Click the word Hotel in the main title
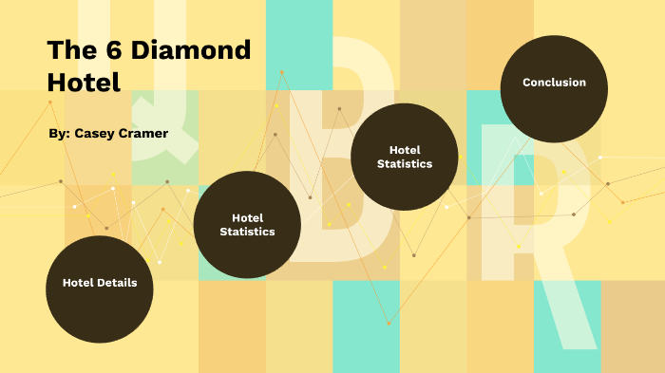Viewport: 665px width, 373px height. point(84,83)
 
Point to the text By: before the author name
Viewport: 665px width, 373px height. point(60,134)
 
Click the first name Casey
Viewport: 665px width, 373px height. point(96,134)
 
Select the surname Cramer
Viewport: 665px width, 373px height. point(145,134)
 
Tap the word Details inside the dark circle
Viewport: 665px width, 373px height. point(116,283)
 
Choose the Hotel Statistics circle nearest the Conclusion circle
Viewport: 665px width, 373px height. point(405,157)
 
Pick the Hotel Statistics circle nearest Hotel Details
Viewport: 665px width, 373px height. point(247,224)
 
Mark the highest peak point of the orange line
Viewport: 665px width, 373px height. point(281,72)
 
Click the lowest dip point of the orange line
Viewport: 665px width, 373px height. point(389,324)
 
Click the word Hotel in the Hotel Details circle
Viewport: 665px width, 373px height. point(80,283)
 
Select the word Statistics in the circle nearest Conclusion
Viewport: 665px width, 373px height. point(405,164)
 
